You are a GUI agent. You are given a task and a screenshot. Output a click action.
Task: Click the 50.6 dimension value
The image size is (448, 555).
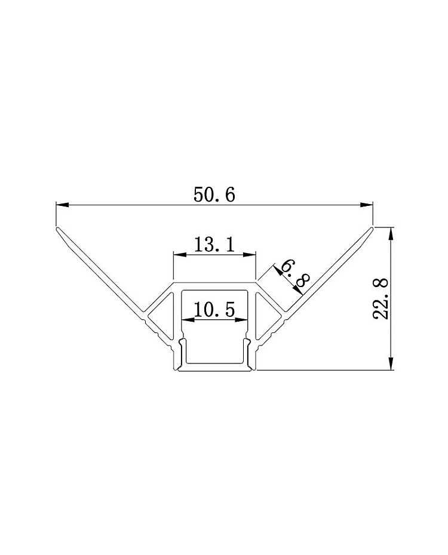(214, 195)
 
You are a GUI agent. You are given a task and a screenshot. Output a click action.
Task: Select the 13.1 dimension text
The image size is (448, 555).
(214, 244)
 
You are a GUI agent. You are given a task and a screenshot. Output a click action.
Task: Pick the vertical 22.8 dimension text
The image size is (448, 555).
(381, 299)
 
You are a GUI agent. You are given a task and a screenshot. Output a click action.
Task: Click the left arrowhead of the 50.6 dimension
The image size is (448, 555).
(62, 205)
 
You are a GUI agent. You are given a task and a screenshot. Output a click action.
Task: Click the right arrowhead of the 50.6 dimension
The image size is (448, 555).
(367, 205)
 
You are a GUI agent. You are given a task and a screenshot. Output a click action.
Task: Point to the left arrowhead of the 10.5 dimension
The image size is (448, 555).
(188, 320)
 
